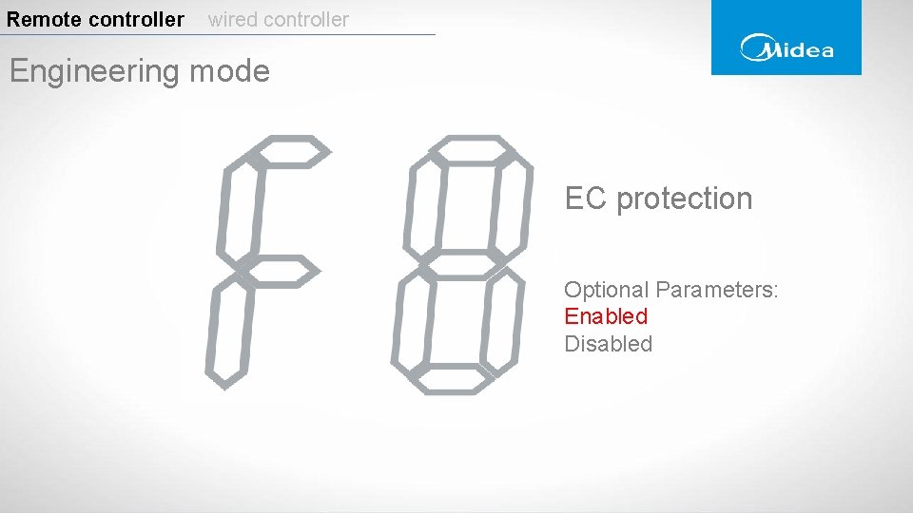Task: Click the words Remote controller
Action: (x=95, y=19)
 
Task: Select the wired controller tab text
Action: (x=279, y=19)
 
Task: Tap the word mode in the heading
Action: (x=231, y=71)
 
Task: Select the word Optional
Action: (x=606, y=290)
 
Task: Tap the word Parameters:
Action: (x=717, y=290)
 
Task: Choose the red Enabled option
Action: (x=606, y=316)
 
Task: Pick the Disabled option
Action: (x=609, y=344)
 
